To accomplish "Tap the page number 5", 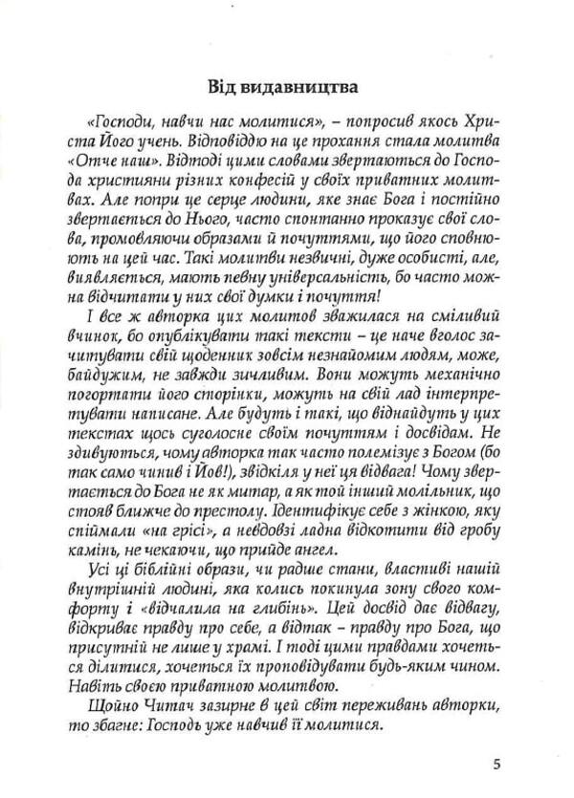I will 498,761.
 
